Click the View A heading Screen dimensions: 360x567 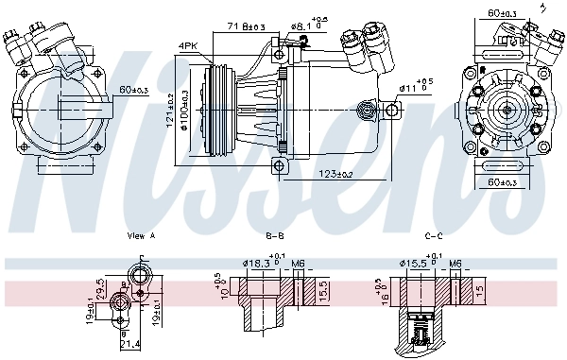pyautogui.click(x=140, y=235)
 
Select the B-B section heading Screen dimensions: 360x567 pyautogui.click(x=275, y=235)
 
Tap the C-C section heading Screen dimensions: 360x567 pyautogui.click(x=434, y=235)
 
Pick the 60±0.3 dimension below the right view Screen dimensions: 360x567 pyautogui.click(x=504, y=180)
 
